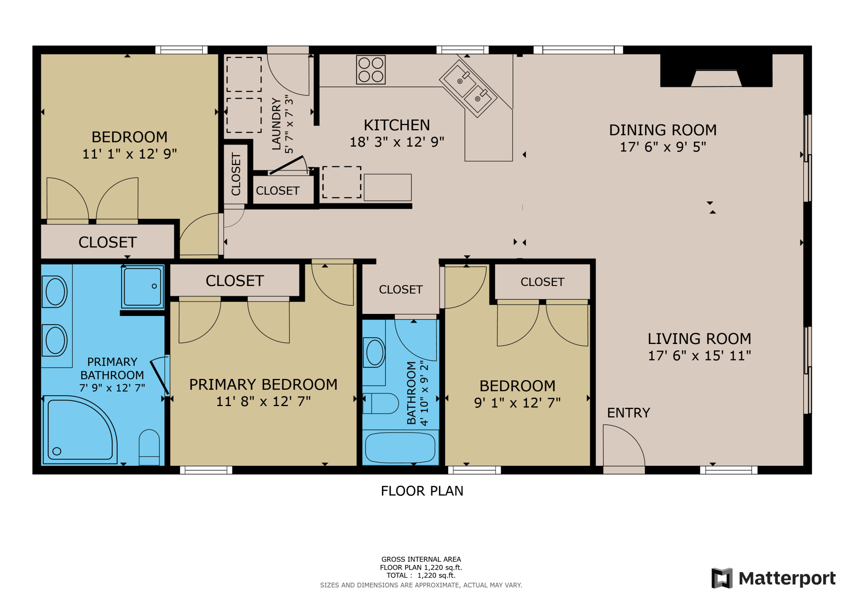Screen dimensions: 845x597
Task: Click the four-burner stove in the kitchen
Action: [370, 70]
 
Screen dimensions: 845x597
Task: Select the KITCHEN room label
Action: [396, 125]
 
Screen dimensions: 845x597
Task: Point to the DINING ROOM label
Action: [663, 130]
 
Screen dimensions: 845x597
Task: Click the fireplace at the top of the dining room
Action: [716, 71]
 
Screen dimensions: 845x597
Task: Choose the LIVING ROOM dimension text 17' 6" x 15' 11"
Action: [699, 356]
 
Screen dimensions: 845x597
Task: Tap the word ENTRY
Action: [628, 413]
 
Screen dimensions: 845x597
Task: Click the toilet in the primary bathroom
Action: [149, 447]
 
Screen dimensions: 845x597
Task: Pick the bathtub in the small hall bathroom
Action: [400, 447]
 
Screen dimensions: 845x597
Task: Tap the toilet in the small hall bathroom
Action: [381, 403]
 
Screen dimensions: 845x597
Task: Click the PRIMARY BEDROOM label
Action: [263, 384]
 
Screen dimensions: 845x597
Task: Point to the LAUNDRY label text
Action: [276, 124]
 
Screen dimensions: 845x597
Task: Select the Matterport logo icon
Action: [722, 578]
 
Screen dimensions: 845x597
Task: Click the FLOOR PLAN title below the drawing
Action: [422, 491]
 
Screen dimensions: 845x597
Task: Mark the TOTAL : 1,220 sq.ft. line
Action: [421, 575]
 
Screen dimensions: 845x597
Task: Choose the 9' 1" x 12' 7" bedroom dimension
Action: [517, 403]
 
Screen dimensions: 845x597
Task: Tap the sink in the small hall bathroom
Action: [374, 353]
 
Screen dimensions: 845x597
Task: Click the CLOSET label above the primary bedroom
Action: [235, 281]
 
